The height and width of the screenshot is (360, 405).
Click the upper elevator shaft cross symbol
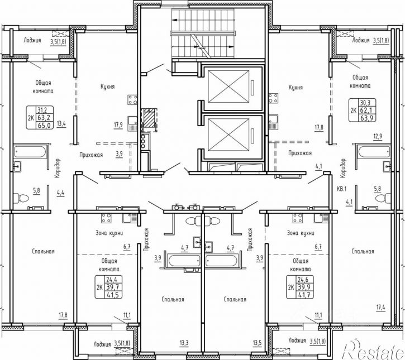(228, 87)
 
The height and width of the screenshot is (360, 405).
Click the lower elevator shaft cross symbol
(228, 135)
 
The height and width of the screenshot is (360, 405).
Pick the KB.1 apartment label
(342, 189)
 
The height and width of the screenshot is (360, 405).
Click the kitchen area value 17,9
(118, 125)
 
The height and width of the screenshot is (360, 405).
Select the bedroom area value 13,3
(184, 343)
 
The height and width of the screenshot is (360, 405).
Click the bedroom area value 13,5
(258, 343)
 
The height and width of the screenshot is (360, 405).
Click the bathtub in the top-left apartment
(30, 152)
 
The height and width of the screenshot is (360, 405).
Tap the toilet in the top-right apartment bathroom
(384, 199)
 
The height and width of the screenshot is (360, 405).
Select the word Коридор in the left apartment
(57, 168)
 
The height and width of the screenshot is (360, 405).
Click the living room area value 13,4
(61, 123)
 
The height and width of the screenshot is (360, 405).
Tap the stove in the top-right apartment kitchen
(274, 98)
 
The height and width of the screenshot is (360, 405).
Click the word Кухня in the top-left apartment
(108, 87)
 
